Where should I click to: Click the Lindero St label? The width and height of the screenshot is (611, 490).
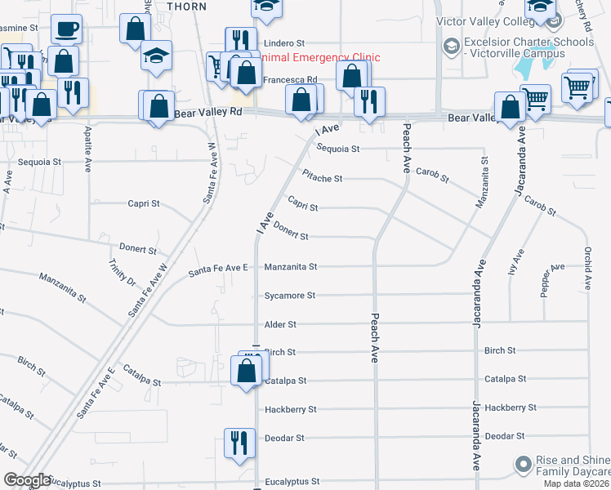283,42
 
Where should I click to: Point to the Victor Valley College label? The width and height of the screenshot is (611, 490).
484,20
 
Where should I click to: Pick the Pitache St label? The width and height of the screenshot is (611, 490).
322,177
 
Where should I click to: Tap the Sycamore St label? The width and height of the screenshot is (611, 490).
290,296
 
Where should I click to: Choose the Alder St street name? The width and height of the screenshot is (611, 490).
280,324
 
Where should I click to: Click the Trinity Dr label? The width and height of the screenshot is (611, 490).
123,272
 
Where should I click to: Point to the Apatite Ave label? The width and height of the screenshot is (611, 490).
87,148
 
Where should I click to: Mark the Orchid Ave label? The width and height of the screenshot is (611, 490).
586,269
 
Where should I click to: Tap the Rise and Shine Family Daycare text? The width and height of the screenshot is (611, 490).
573,466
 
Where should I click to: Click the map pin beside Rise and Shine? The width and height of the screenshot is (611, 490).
523,465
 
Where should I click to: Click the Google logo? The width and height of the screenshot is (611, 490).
28,480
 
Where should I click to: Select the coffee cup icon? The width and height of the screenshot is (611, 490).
67,30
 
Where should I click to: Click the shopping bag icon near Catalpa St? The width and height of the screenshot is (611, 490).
248,372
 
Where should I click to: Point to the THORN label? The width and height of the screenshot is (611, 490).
186,6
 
